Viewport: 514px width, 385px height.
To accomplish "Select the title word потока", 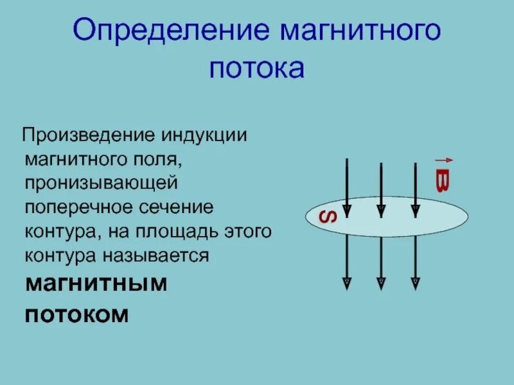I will pos(256,69).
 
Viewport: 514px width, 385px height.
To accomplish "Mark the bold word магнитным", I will pos(96,284).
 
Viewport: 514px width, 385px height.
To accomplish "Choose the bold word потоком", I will pos(77,314).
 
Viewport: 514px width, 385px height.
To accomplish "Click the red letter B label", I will pos(442,181).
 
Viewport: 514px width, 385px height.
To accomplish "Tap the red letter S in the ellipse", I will pos(328,216).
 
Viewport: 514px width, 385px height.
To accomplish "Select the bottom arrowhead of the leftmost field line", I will pos(346,282).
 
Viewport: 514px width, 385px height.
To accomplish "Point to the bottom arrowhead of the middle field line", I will pos(381,282).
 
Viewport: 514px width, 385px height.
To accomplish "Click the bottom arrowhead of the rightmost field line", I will pos(415,282).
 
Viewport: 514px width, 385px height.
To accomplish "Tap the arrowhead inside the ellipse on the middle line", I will pos(381,210).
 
